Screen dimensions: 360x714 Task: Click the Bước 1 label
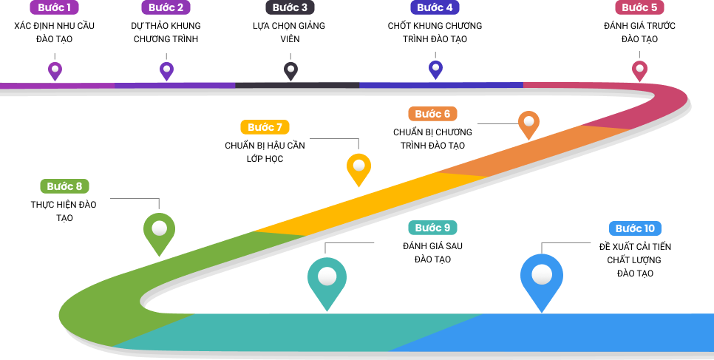click(54, 7)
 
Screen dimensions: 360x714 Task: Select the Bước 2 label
click(166, 7)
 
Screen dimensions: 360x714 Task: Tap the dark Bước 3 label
click(290, 7)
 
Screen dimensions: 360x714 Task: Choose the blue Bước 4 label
click(435, 7)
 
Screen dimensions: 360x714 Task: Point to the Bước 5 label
click(639, 7)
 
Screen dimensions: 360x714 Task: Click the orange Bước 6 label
click(432, 114)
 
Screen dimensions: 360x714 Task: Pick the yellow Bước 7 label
click(265, 127)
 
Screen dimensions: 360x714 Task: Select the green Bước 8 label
click(64, 186)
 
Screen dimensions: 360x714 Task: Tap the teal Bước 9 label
click(432, 228)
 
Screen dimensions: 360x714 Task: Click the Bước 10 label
click(635, 228)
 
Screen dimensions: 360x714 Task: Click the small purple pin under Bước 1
click(55, 70)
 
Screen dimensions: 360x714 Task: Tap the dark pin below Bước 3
click(290, 70)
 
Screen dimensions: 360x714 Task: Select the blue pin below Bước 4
click(435, 69)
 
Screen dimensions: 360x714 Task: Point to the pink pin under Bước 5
click(639, 69)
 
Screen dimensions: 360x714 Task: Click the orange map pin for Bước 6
click(528, 123)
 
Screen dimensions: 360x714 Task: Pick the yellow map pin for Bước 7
click(358, 167)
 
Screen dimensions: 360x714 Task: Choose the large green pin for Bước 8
click(159, 231)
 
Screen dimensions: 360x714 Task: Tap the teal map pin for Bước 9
click(327, 279)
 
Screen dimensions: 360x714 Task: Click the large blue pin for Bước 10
click(542, 277)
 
